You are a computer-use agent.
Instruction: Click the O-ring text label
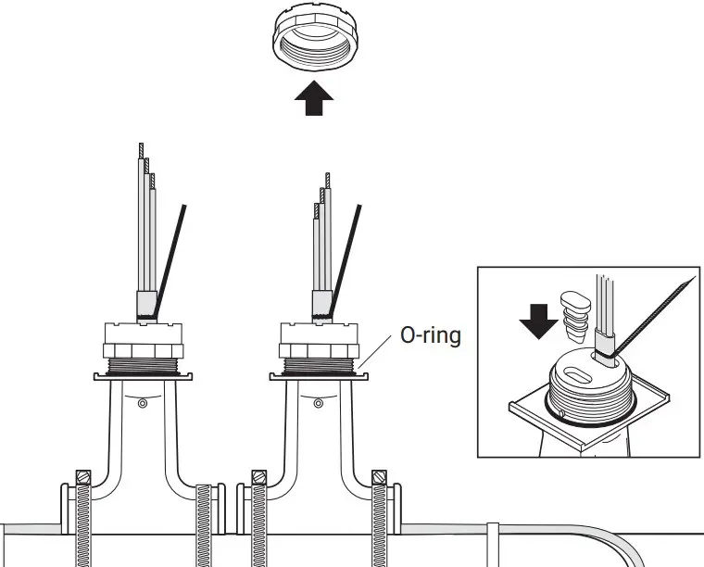point(429,334)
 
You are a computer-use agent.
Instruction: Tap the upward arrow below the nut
point(313,95)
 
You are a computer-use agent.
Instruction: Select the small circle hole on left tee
point(141,403)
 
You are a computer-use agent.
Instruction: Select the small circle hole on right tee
point(317,403)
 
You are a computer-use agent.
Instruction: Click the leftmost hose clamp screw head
point(82,478)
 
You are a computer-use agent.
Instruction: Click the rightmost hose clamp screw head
point(378,478)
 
